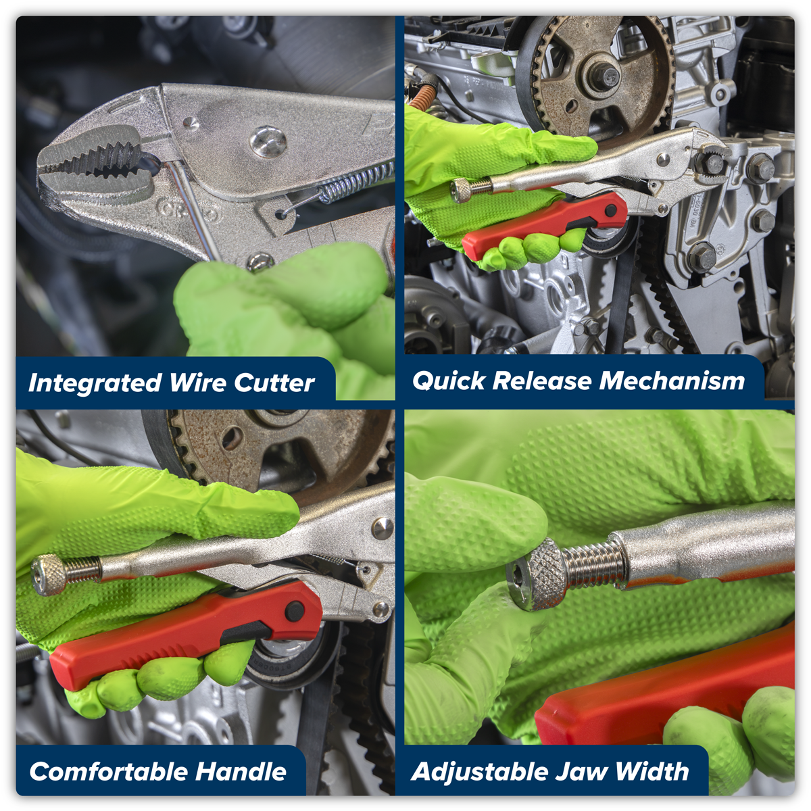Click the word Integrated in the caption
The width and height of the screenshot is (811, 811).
coord(95,383)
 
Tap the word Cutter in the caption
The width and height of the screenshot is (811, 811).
coord(274,383)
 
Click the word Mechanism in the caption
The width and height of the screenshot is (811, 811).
coord(672,380)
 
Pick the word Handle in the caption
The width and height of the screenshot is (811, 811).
coord(241,771)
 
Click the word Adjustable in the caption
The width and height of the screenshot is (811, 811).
coord(478,771)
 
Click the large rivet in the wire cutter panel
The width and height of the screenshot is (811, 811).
coord(268,141)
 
